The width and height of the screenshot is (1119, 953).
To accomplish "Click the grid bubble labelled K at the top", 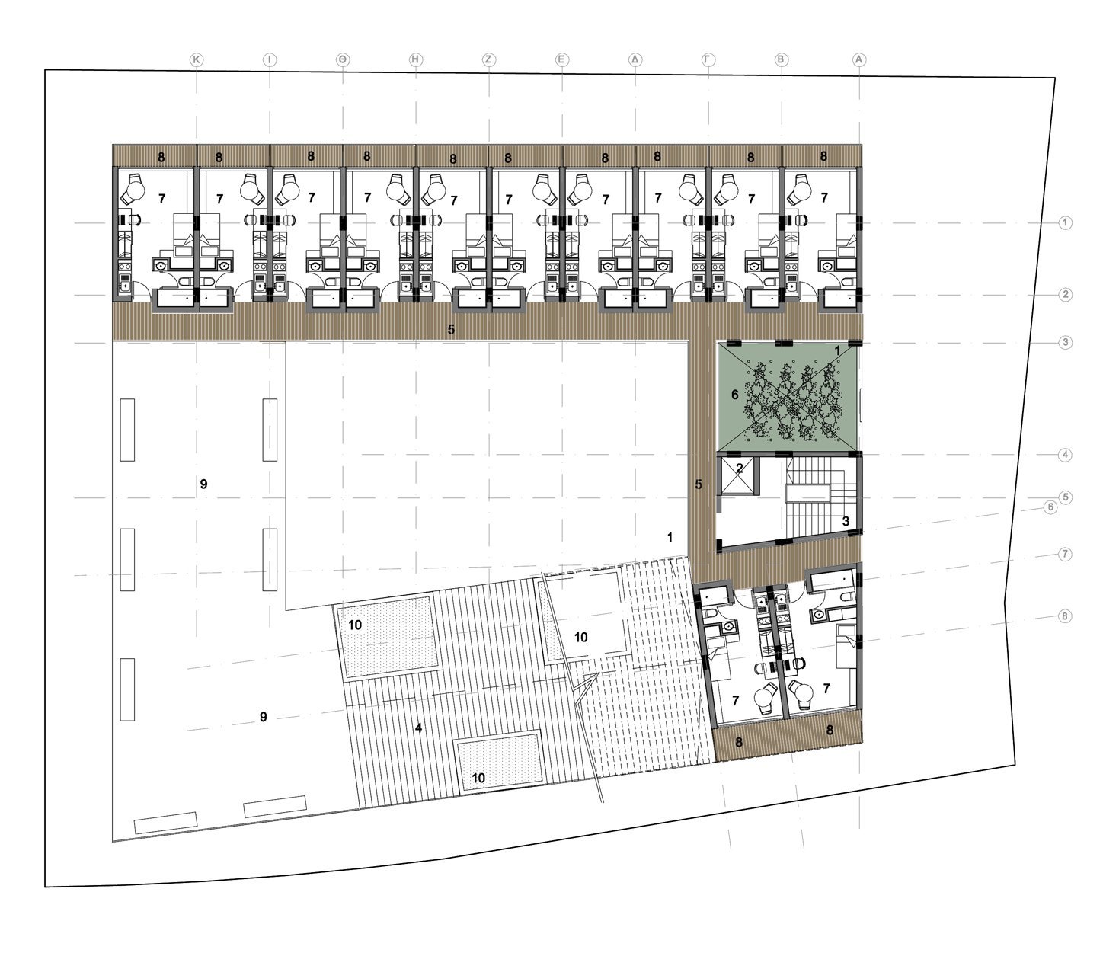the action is point(196,60).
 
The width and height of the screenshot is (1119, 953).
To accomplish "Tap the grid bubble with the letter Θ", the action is point(343,60).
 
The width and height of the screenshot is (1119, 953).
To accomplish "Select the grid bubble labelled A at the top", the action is point(858,60).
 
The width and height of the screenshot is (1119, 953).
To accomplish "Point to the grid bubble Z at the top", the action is point(488,60).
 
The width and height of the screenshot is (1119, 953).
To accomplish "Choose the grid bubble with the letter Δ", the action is point(635,60).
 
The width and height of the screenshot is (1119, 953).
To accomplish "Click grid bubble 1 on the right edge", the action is point(1065,222).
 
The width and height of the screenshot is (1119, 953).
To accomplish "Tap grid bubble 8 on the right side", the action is point(1065,616).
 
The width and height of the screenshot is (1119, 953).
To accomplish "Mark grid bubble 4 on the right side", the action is point(1065,455).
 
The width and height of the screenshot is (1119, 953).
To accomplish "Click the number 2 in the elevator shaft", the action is point(739,469).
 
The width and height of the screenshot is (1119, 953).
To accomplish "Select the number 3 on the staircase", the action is point(845,521).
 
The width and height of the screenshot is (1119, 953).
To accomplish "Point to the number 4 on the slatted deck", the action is point(418,728).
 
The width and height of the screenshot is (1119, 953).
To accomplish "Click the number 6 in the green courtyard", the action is point(734,395).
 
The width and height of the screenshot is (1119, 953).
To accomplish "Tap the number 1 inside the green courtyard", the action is point(837,351).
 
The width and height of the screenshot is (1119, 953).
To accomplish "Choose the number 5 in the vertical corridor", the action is point(699,484).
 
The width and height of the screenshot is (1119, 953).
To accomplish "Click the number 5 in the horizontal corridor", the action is point(451,329).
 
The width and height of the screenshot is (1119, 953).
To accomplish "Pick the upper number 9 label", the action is point(203,484).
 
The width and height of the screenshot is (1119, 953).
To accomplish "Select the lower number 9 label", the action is point(263,717).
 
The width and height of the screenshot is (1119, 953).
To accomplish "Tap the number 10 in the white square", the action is point(581,638).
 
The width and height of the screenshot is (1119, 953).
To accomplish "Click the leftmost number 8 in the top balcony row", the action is point(161,158).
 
